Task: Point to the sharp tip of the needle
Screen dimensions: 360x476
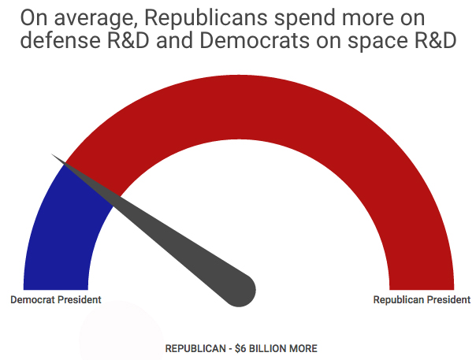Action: pos(54,156)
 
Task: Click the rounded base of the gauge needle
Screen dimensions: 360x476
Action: pos(240,289)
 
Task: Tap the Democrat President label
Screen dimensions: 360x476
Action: pos(55,300)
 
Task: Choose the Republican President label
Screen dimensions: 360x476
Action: pos(422,300)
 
